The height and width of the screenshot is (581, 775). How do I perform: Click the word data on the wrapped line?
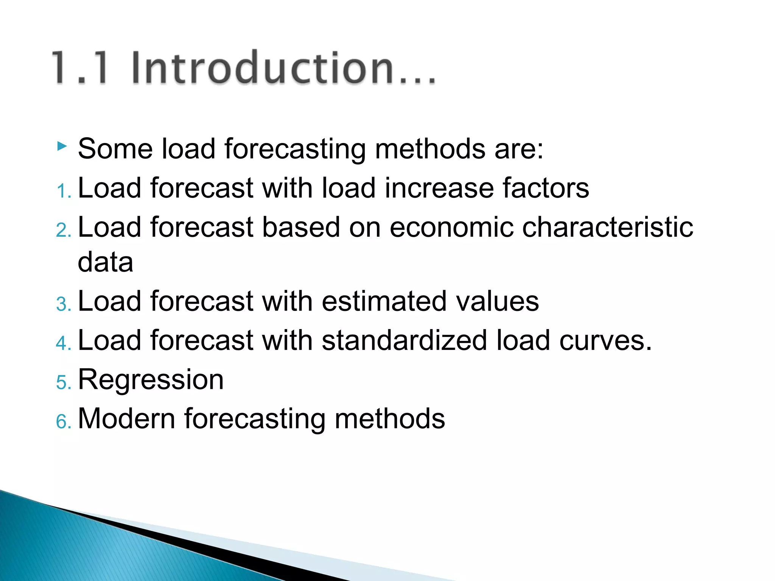(x=105, y=262)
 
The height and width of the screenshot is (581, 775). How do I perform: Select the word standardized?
(x=404, y=340)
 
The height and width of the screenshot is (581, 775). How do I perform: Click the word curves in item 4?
(x=601, y=340)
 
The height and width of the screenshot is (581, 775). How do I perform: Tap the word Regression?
(x=151, y=380)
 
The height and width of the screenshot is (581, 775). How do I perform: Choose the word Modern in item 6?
(x=126, y=419)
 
